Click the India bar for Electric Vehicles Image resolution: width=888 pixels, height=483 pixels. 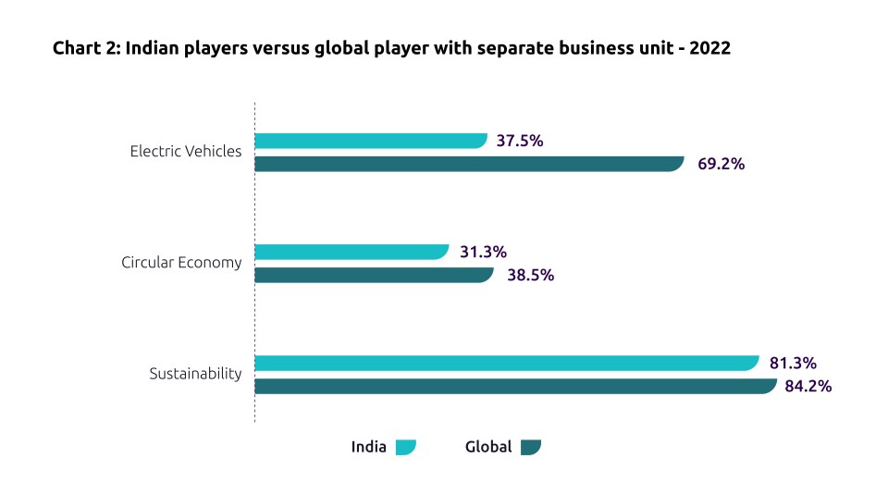(370, 141)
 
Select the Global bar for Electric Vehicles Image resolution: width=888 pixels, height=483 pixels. (468, 164)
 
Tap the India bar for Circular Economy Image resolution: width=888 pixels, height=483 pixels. (351, 252)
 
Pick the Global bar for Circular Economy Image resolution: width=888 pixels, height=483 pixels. (373, 275)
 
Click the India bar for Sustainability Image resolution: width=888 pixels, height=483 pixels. (506, 363)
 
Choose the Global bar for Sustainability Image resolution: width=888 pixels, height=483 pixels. (514, 386)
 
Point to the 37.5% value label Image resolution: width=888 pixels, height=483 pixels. (520, 141)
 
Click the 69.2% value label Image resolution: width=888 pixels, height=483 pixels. (721, 164)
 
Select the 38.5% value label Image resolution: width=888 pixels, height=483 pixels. (530, 275)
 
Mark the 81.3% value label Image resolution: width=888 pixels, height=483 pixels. (793, 363)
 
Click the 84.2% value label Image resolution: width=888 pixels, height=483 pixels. (808, 386)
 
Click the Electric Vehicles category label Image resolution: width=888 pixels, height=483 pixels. (186, 151)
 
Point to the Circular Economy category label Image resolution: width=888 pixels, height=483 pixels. (181, 263)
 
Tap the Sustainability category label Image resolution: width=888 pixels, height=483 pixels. (195, 374)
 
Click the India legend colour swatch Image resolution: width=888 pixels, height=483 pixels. (405, 448)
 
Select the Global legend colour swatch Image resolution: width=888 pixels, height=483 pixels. (530, 448)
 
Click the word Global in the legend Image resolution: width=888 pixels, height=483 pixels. (488, 447)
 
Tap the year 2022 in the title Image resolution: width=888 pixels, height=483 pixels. (710, 49)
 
